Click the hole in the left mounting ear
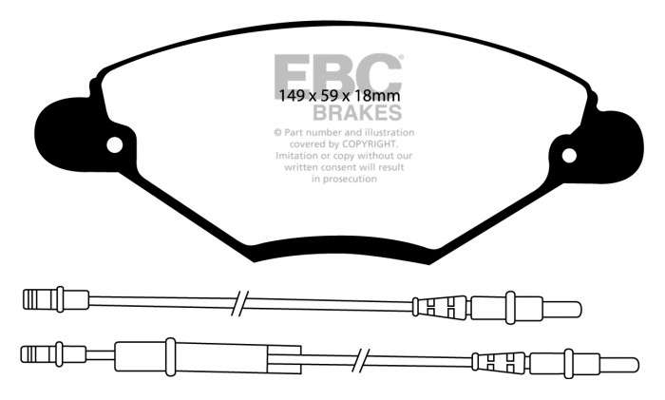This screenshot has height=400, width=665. coord(115,145)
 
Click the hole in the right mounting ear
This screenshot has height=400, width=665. coord(569,156)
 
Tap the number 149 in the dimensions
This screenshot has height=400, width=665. coord(293,96)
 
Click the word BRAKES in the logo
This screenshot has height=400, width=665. coord(357,113)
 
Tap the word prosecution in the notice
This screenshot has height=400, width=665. coord(350,179)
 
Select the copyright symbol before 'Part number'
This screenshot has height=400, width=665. coord(277,133)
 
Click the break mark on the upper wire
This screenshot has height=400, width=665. coord(240,303)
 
